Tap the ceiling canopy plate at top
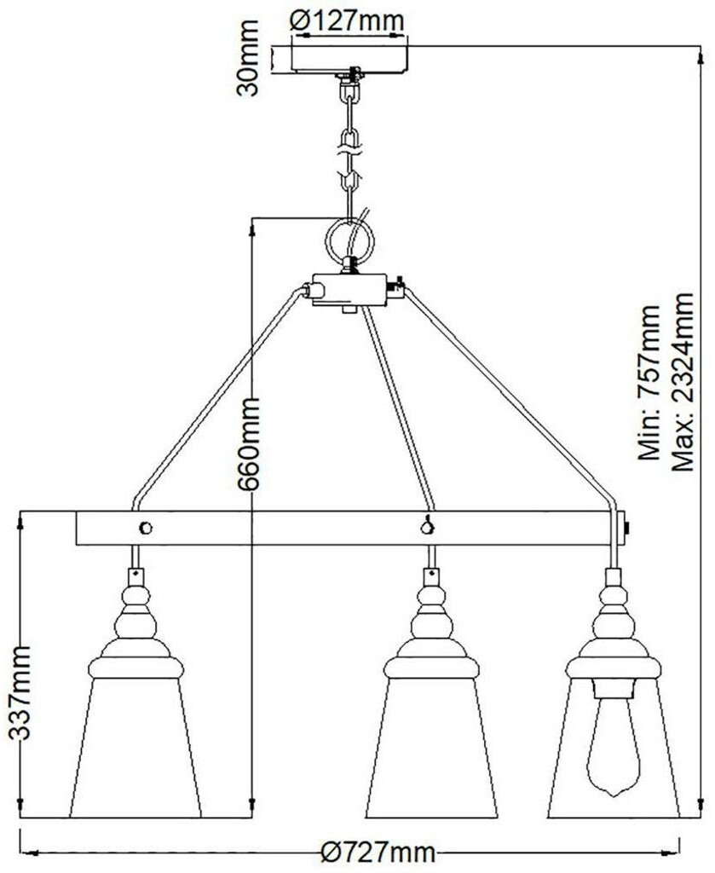coord(350,57)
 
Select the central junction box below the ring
coord(349,290)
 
